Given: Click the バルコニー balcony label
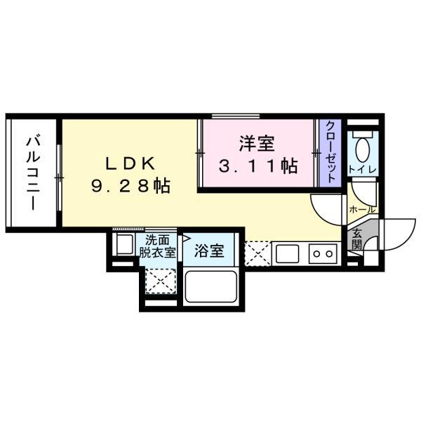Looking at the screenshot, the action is point(33,174).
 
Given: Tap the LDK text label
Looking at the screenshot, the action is point(131,163).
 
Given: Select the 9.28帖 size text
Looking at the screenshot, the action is point(131,186).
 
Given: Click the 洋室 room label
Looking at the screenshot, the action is point(257,144).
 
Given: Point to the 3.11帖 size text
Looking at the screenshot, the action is point(258,166).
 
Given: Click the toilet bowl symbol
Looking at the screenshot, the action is point(363,148).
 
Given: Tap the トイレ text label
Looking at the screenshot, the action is point(362,170).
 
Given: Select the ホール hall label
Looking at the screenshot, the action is point(363,209).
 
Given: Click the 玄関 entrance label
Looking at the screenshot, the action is point(356,239).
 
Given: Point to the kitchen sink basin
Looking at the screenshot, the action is point(287,253).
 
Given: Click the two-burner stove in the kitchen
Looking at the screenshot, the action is point(323,253).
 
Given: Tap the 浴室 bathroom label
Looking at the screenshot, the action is point(209,250).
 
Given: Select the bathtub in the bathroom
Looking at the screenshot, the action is point(210,286).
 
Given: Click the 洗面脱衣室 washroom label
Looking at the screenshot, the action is point(157,246).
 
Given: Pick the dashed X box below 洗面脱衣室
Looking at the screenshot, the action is point(161,281).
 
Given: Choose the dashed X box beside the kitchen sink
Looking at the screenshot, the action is point(258,253).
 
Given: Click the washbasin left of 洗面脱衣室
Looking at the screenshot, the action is point(123,244).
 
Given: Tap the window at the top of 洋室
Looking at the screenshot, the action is point(236,116).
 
